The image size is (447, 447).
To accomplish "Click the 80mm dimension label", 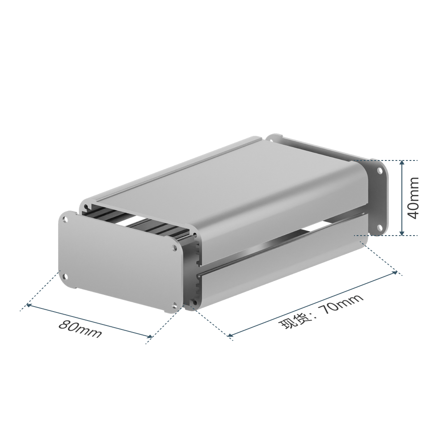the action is click(x=80, y=329).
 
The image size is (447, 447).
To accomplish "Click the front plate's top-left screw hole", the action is click(x=66, y=220).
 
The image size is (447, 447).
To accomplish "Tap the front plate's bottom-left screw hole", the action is click(x=66, y=276).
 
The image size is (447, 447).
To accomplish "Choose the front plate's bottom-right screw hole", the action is click(x=174, y=305).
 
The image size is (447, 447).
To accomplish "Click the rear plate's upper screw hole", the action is click(x=380, y=171).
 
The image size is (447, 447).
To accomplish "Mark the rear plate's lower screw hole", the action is click(x=380, y=227).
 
